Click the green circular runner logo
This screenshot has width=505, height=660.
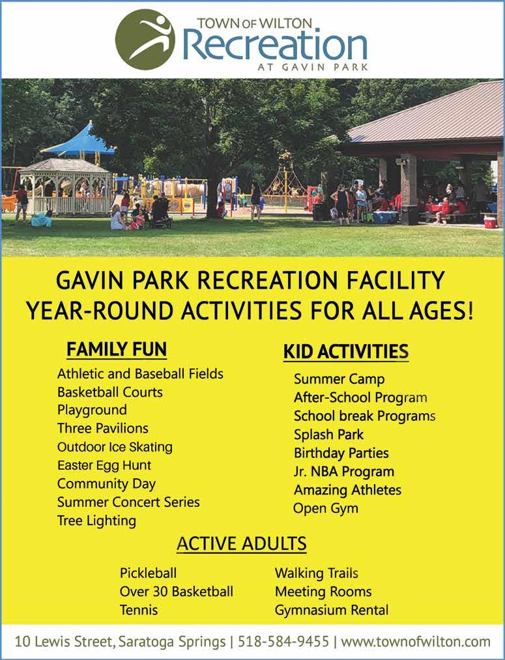(x=145, y=40)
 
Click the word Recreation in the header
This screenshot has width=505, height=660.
(x=276, y=45)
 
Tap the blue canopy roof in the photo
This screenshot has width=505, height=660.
(x=78, y=141)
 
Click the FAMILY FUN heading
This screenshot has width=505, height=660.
(x=117, y=349)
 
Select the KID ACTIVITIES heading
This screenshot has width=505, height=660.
(x=345, y=352)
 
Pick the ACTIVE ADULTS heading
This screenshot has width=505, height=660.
(x=242, y=543)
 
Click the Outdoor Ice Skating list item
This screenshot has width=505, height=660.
(x=115, y=447)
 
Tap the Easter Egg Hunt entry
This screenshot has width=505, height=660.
(x=104, y=466)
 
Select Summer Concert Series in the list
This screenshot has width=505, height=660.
(x=128, y=502)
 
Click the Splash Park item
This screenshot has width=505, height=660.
(x=328, y=435)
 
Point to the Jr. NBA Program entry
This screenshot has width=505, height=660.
(x=344, y=472)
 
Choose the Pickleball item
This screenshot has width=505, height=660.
(x=148, y=573)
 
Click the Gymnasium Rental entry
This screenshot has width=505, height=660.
(x=332, y=610)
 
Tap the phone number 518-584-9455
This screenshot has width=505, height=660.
(x=283, y=642)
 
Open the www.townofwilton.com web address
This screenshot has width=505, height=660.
(x=416, y=642)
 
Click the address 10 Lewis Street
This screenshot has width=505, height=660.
(x=63, y=642)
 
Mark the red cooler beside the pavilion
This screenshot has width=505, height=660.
(x=490, y=222)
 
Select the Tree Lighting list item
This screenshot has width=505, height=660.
(x=97, y=521)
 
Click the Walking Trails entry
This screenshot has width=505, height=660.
(x=317, y=573)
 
